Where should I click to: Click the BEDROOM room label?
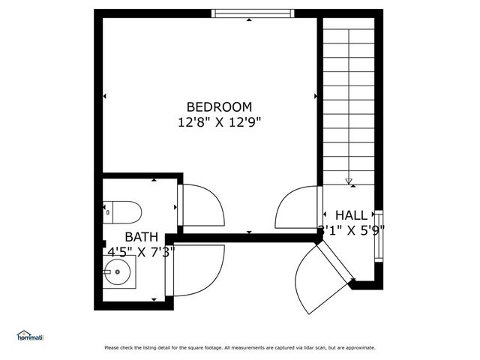219,107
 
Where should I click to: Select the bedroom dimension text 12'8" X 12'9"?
219,121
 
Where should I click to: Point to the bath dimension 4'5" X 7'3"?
141,252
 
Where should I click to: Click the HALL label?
351,215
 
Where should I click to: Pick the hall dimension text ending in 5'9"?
352,230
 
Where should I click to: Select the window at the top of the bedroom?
252,13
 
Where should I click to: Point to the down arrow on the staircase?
349,181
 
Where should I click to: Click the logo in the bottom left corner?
31,335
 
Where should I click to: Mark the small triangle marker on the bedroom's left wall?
105,96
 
